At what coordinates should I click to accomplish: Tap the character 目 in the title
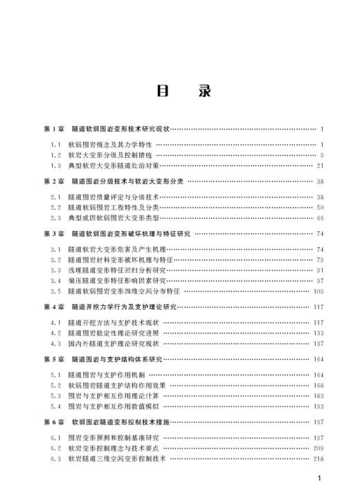pyautogui.click(x=163, y=91)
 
